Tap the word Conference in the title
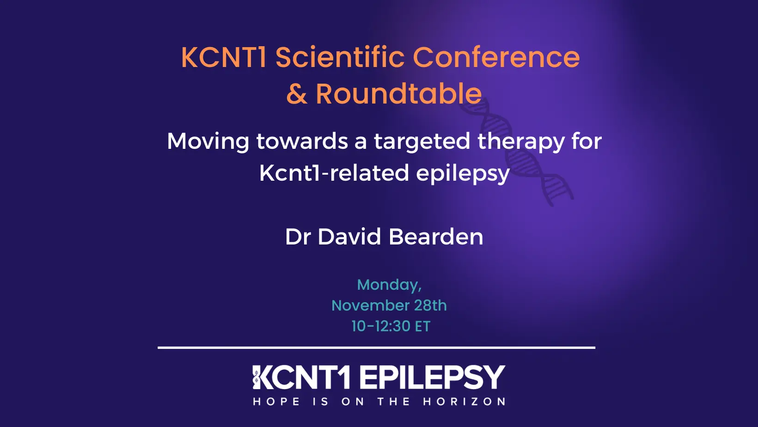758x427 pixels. [496, 57]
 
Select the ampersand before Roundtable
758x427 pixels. [296, 94]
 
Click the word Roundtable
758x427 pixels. [398, 94]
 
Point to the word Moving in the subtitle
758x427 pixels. [208, 141]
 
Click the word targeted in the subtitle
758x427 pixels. [422, 141]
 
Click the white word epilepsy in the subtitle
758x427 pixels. [463, 174]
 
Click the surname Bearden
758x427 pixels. [436, 237]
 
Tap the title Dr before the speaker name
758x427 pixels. [298, 237]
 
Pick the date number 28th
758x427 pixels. [430, 305]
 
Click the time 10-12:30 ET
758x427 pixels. [391, 326]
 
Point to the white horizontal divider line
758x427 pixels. [376, 348]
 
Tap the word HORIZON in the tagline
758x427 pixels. [464, 402]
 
